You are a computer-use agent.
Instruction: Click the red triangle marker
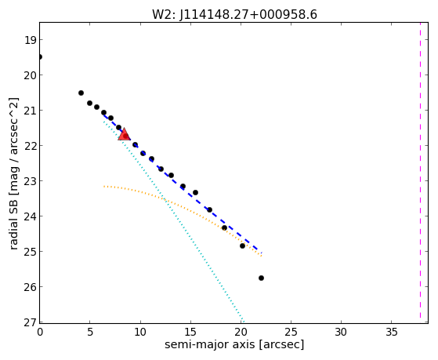(124, 135)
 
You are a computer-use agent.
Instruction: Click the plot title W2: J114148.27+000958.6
(234, 15)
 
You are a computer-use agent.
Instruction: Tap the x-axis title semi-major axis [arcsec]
(234, 344)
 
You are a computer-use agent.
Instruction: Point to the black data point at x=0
(40, 57)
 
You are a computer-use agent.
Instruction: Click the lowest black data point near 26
(261, 278)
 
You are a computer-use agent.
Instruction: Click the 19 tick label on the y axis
(31, 40)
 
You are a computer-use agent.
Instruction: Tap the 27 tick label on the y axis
(31, 322)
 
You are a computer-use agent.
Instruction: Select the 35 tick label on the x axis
(391, 332)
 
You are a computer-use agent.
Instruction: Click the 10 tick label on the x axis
(140, 332)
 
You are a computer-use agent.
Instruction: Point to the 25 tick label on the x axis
(291, 332)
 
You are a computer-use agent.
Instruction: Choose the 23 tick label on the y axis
(31, 181)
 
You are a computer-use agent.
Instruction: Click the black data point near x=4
(81, 93)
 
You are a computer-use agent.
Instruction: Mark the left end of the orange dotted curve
(104, 186)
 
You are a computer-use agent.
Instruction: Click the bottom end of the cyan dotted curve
(244, 322)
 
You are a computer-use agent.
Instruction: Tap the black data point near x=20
(242, 245)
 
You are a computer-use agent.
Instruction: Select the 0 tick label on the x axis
(40, 332)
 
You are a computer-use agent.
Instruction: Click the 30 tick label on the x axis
(341, 332)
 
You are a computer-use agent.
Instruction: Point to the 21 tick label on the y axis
(31, 111)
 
